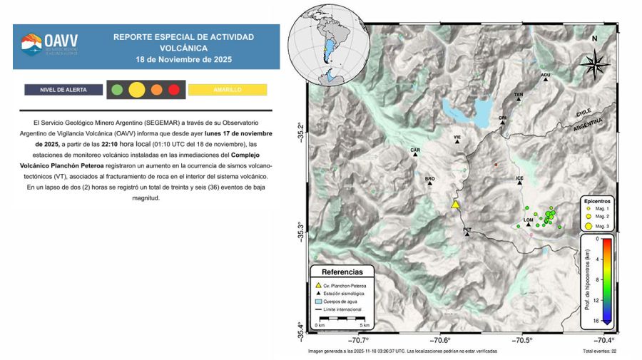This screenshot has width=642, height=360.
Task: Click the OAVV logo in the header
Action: pyautogui.click(x=45, y=45)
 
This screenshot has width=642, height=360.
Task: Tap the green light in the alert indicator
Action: pyautogui.click(x=116, y=90)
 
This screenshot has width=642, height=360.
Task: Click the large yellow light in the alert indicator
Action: pyautogui.click(x=137, y=90)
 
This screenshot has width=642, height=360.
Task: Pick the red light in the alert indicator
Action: pyautogui.click(x=173, y=90)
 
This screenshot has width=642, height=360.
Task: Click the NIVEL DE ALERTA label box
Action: pyautogui.click(x=64, y=90)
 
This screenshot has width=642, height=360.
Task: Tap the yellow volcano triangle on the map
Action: pyautogui.click(x=456, y=205)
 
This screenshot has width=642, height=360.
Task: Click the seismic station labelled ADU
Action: pyautogui.click(x=546, y=79)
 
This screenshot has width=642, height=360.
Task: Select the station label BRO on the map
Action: pyautogui.click(x=429, y=179)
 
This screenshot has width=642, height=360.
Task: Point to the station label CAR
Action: pyautogui.click(x=414, y=150)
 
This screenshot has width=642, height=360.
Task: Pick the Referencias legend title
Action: pyautogui.click(x=342, y=272)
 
